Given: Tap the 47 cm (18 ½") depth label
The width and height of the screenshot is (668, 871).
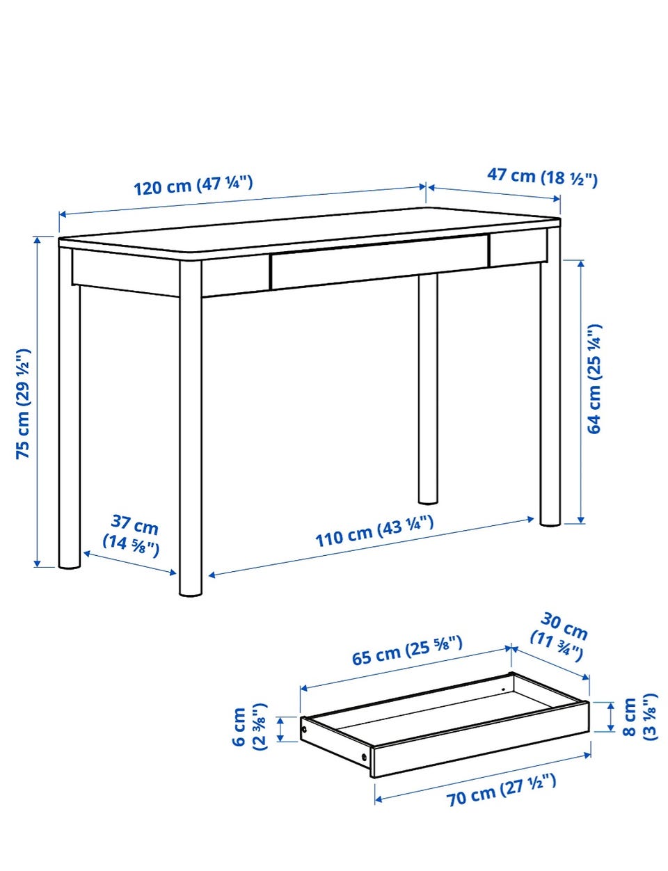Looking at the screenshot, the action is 542,177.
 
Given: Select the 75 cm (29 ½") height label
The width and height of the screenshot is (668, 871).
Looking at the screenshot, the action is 22,403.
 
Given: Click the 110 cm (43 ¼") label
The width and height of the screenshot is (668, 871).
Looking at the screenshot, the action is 374,532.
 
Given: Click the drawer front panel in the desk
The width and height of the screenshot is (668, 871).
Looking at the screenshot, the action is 379,262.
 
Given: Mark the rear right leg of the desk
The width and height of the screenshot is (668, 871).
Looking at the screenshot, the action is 427,389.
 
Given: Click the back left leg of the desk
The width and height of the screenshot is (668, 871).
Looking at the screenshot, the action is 70,408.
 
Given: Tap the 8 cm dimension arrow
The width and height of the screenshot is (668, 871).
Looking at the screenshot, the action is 611,717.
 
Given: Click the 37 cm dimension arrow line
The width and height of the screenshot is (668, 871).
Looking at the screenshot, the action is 130,564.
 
